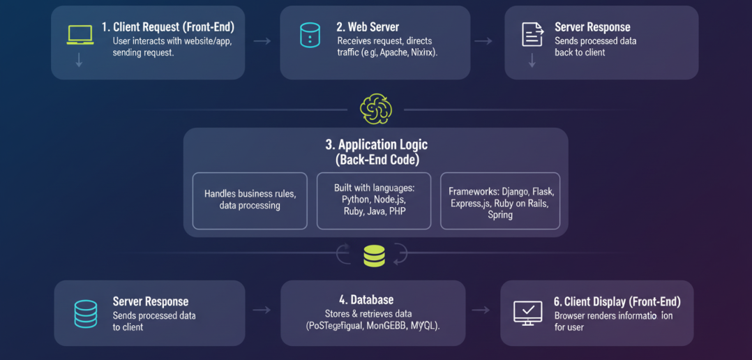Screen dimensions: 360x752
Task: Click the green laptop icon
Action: click(80, 35)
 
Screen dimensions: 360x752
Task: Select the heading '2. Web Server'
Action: click(367, 27)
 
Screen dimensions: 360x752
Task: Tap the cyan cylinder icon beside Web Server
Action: click(310, 35)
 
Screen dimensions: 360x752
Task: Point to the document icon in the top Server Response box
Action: click(532, 34)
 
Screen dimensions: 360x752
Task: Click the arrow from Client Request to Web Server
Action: click(262, 41)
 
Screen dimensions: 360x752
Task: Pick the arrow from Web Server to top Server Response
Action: click(483, 41)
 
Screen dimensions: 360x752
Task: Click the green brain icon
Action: click(376, 109)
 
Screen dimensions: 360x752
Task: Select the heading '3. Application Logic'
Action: click(376, 145)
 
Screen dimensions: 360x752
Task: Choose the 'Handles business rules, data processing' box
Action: click(250, 200)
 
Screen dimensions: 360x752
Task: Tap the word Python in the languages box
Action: click(356, 200)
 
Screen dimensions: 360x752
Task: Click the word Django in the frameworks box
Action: click(511, 191)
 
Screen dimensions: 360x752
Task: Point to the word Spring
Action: click(500, 215)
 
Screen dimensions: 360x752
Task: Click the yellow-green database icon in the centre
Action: click(375, 256)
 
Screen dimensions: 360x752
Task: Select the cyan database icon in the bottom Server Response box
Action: click(86, 314)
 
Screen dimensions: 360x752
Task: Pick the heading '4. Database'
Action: click(372, 299)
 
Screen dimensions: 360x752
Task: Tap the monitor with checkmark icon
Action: click(527, 312)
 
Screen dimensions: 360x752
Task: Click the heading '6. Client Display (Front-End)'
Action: click(617, 301)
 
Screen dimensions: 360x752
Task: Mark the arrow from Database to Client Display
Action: click(481, 310)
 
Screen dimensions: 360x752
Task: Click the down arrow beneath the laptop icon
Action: click(79, 61)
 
